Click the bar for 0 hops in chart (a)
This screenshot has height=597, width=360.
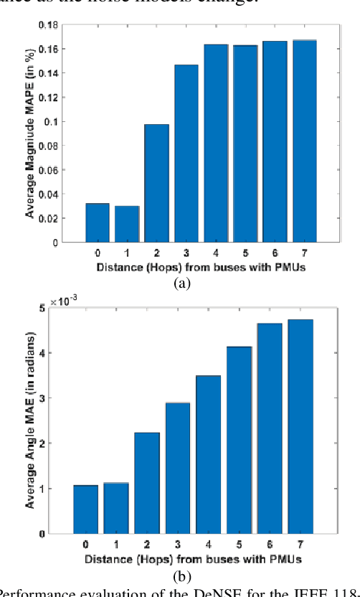[x=97, y=223]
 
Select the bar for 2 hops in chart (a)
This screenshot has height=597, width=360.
[x=156, y=184]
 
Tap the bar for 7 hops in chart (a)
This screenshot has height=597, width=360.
[x=304, y=141]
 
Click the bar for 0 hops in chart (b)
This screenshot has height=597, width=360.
[x=85, y=509]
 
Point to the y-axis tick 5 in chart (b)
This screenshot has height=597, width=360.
[x=62, y=308]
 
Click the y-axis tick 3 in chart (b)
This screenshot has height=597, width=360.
[x=62, y=398]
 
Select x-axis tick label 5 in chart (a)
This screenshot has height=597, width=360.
[x=245, y=253]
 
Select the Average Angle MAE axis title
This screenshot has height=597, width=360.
[x=31, y=420]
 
